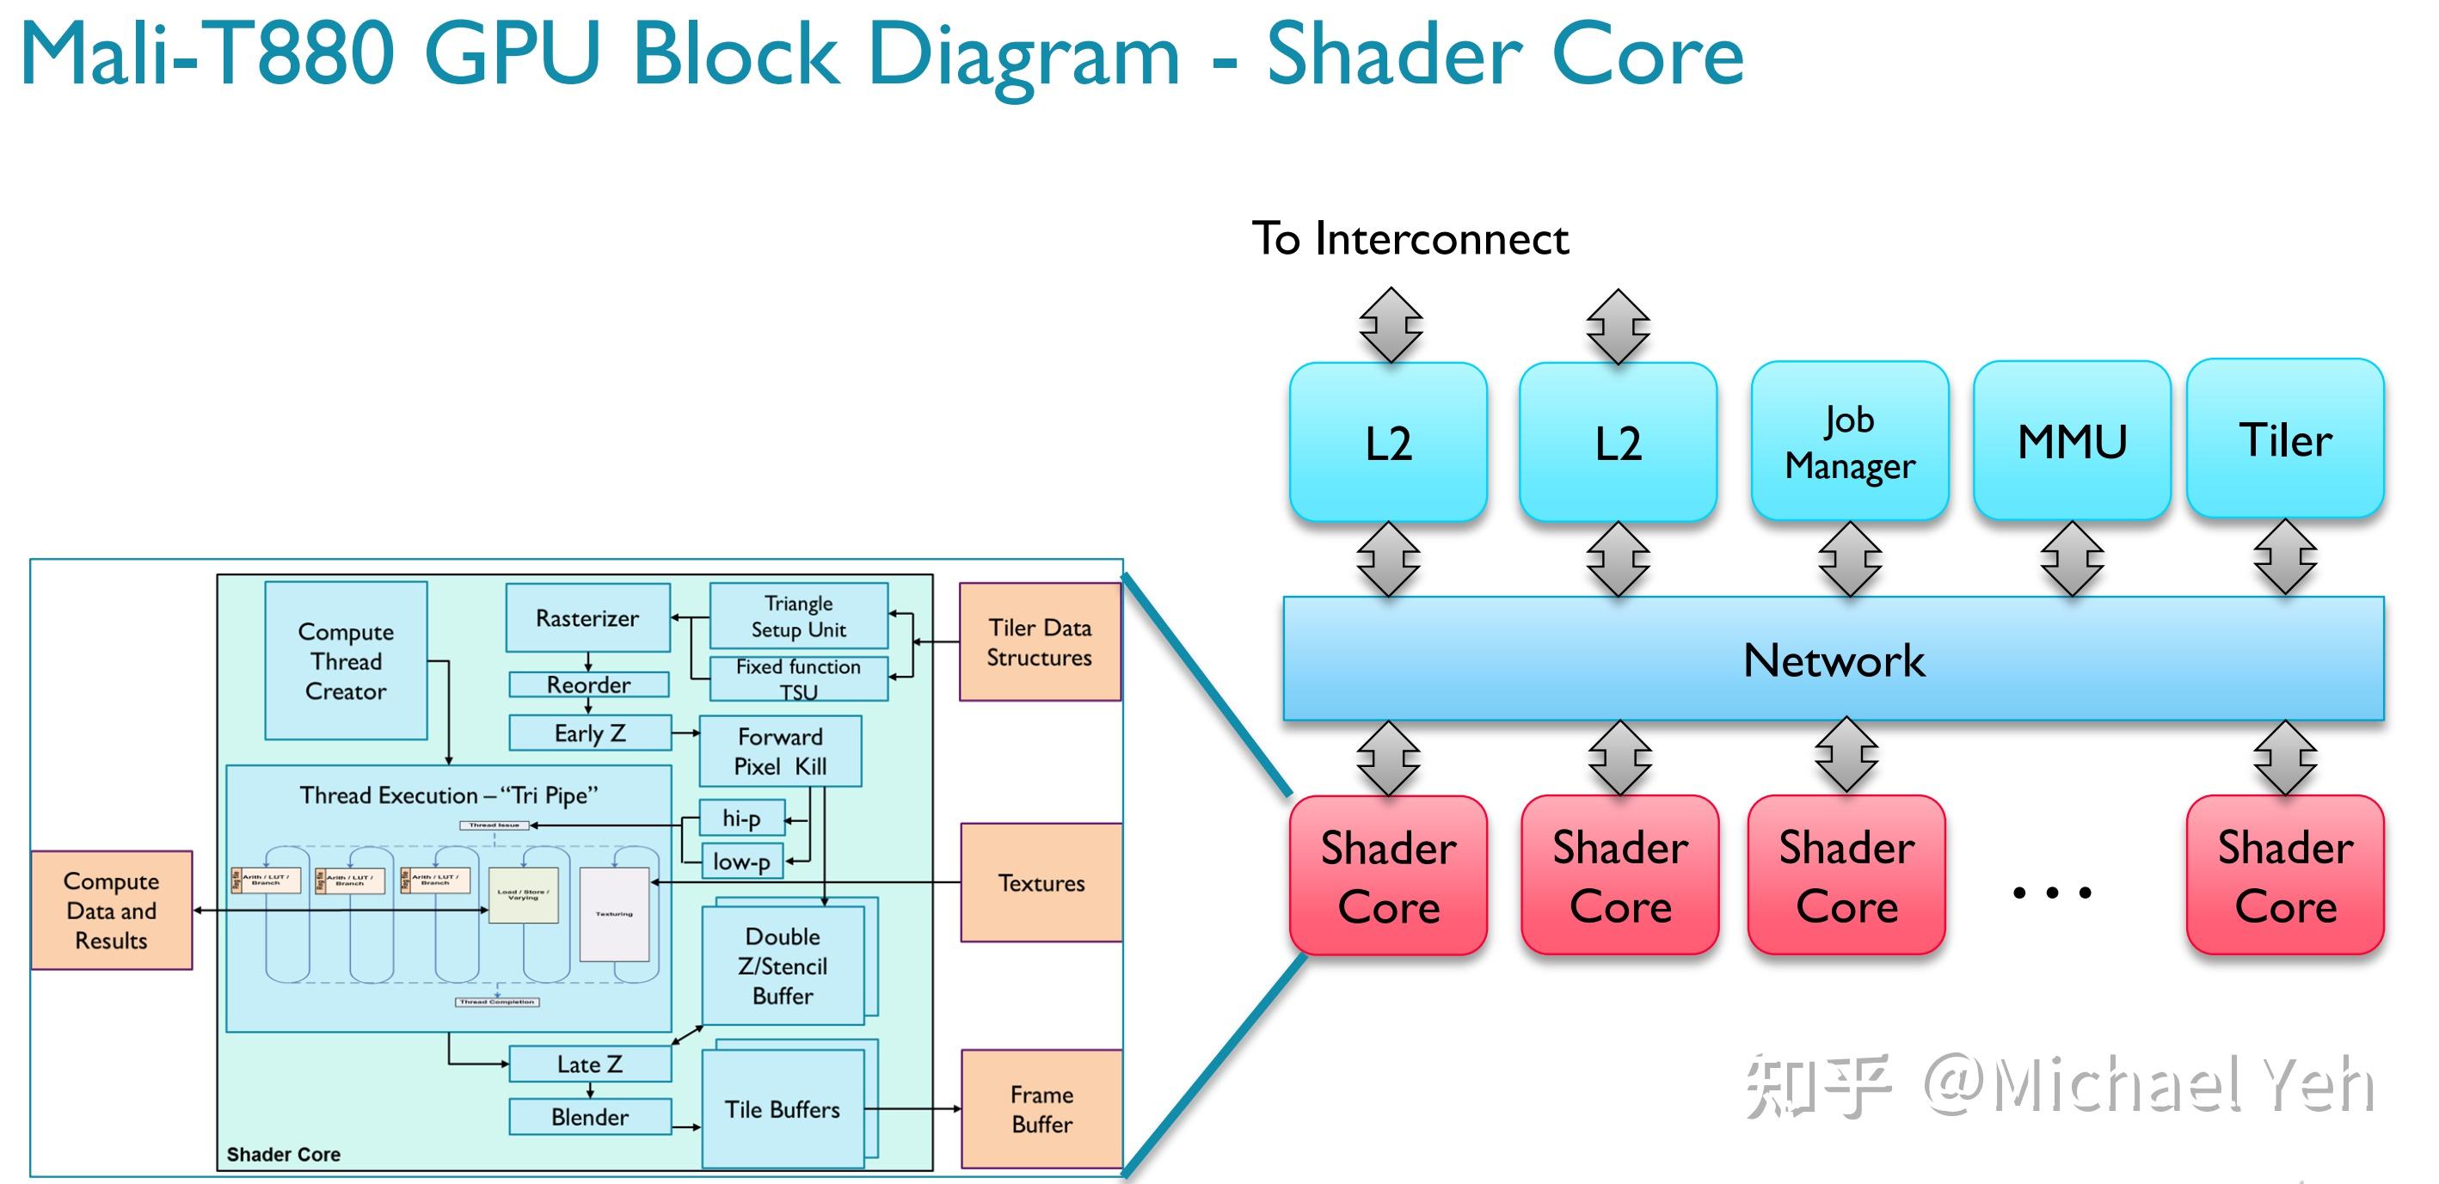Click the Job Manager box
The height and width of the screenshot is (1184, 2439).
[1849, 441]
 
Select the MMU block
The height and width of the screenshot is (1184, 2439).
[2072, 441]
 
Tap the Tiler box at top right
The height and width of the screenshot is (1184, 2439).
[2285, 439]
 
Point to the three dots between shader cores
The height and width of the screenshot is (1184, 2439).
[2052, 892]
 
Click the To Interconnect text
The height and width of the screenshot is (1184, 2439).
[1410, 238]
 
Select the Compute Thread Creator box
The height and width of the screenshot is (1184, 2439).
[346, 660]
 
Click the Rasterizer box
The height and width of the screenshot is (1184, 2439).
[587, 618]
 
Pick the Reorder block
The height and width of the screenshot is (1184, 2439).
[588, 684]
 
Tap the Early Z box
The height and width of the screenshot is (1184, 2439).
[589, 733]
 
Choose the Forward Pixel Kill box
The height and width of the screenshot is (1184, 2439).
[780, 752]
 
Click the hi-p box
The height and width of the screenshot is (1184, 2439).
[741, 818]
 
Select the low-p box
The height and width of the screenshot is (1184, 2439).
[741, 862]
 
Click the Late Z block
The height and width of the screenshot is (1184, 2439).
[589, 1064]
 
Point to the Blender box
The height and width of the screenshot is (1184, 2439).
[589, 1117]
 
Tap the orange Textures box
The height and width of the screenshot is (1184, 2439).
[1041, 882]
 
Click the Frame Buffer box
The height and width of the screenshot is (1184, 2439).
[1041, 1109]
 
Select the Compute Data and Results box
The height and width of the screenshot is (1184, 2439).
[111, 911]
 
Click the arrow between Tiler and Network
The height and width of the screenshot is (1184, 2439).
[2285, 558]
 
